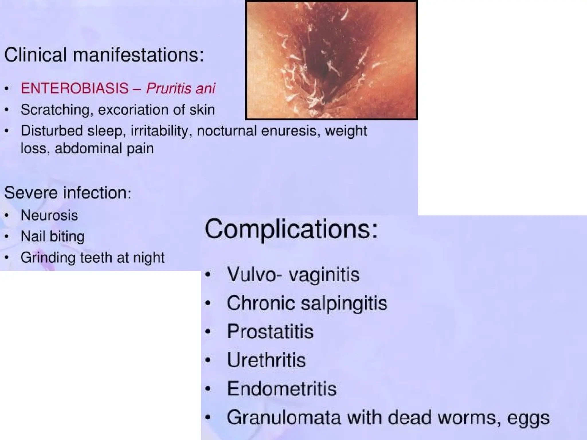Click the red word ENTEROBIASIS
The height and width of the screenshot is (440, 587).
point(75,88)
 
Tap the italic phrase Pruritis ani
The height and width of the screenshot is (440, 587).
point(181,88)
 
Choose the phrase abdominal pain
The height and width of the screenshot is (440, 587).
point(104,148)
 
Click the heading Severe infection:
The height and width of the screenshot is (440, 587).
point(68,192)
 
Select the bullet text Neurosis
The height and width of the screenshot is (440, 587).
point(49,215)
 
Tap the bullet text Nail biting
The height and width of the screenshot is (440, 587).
point(53,236)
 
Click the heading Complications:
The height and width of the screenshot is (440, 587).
point(291,229)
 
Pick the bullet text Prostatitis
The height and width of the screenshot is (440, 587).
point(270,332)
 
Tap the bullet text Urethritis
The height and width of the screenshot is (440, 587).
point(266,360)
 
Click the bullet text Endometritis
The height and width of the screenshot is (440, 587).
point(282,389)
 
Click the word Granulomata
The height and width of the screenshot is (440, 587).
point(284,418)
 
